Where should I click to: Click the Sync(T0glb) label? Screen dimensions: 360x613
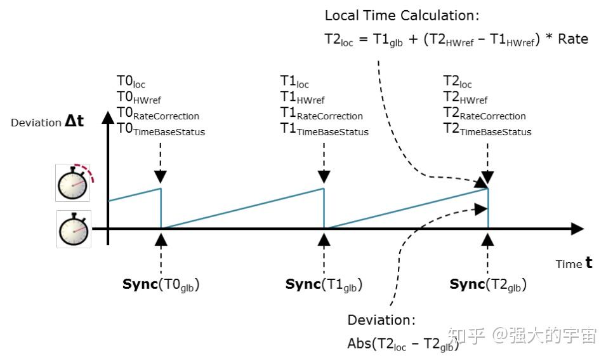161,284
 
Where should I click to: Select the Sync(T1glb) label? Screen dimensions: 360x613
324,284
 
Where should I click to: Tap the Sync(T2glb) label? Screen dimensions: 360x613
487,284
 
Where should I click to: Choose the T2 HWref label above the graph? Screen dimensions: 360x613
465,98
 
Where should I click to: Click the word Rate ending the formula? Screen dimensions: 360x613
573,39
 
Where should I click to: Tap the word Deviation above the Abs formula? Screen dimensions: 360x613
381,320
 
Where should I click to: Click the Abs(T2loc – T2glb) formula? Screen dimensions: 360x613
403,343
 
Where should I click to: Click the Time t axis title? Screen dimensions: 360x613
574,263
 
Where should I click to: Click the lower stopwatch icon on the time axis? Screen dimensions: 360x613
74,229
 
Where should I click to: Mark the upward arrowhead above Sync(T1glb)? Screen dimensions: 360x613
324,239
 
